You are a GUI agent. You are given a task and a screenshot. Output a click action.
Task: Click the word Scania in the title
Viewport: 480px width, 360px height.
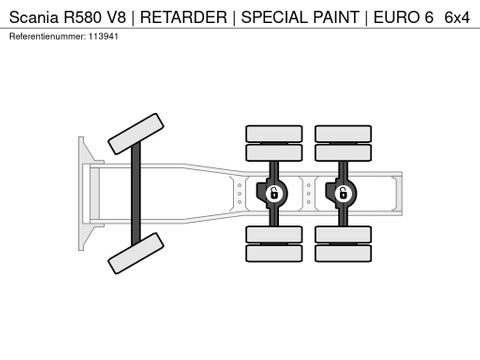(x=33, y=17)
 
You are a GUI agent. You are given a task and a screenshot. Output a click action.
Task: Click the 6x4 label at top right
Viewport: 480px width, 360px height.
(x=457, y=17)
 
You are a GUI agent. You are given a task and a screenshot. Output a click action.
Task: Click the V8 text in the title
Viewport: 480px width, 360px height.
(x=127, y=17)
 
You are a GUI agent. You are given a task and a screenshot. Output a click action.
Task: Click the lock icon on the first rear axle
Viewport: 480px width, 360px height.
(x=272, y=191)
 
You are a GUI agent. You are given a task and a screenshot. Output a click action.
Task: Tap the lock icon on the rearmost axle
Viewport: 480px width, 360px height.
(x=341, y=191)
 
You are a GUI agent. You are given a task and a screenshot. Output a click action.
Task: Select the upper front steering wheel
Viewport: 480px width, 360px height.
(x=135, y=133)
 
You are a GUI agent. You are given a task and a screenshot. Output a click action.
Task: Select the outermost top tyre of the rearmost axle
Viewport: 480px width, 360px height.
(x=341, y=132)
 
